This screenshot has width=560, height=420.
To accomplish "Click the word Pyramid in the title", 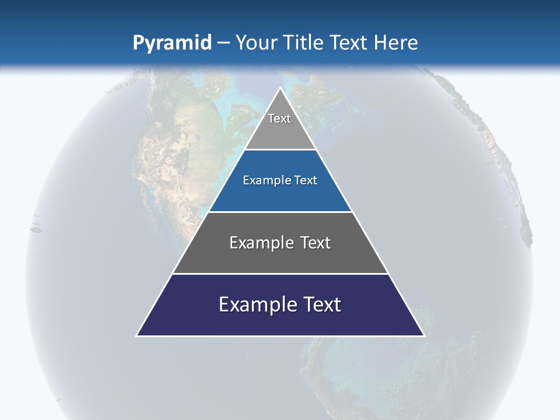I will click(171, 43).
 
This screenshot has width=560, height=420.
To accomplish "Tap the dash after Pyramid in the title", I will click(223, 43).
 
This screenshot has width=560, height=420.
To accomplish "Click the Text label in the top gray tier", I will click(279, 118).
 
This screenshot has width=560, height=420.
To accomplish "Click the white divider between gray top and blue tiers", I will click(280, 149).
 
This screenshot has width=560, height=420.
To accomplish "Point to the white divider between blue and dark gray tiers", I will click(280, 212).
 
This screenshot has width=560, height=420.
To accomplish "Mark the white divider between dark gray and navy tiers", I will click(280, 274).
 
